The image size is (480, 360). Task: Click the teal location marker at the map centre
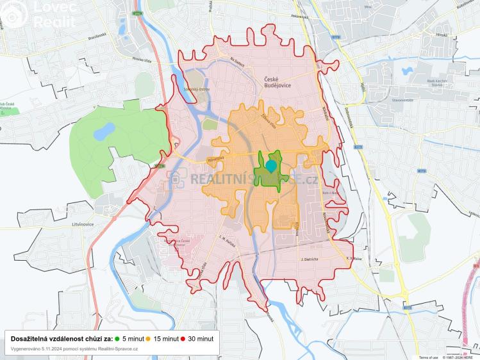click(x=271, y=166)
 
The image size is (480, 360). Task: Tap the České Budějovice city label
click(x=277, y=84)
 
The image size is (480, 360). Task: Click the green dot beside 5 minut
click(x=118, y=338)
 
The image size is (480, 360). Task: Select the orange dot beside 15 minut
click(x=149, y=338)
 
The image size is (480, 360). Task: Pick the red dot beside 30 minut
click(x=182, y=338)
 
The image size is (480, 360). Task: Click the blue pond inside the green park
click(x=101, y=133)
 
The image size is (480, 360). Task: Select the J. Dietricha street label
click(x=310, y=259)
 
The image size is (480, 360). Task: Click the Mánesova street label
click(x=215, y=158)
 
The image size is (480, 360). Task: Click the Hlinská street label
click(x=422, y=37)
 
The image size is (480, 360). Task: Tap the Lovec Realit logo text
click(x=54, y=14)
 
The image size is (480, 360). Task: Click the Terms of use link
click(x=428, y=357)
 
